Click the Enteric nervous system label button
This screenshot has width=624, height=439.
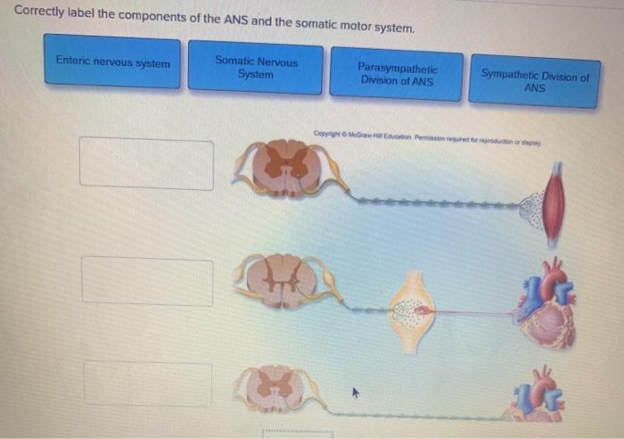pyautogui.click(x=112, y=62)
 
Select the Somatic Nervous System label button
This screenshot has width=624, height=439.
pyautogui.click(x=256, y=68)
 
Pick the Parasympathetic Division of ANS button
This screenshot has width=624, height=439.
pyautogui.click(x=397, y=73)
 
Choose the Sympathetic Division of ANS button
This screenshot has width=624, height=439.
pyautogui.click(x=534, y=81)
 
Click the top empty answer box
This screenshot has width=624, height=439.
pyautogui.click(x=147, y=163)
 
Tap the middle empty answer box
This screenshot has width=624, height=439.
pyautogui.click(x=148, y=281)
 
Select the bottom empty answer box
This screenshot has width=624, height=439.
pyautogui.click(x=148, y=383)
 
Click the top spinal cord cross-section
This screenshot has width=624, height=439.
pyautogui.click(x=287, y=167)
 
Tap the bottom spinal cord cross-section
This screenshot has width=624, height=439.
pyautogui.click(x=277, y=389)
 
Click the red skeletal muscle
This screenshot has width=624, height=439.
pyautogui.click(x=554, y=203)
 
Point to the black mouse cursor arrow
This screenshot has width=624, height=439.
pyautogui.click(x=355, y=391)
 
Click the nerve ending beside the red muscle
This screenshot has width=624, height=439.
pyautogui.click(x=531, y=208)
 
